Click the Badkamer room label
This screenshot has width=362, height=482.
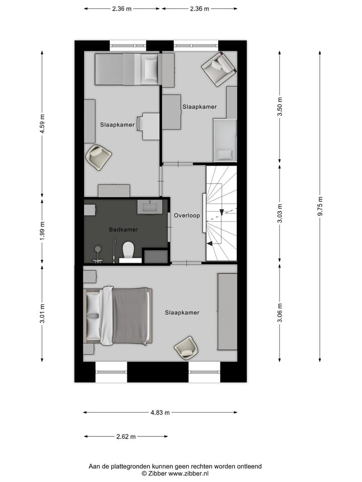(123, 229)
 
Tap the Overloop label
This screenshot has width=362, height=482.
(187, 215)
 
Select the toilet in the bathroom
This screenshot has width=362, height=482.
(128, 249)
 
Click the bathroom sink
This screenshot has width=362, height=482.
(149, 206)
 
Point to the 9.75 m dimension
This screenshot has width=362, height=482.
(320, 206)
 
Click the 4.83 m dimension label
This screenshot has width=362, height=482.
(160, 413)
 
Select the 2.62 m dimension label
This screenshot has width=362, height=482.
(126, 436)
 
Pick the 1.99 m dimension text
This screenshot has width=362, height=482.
(42, 230)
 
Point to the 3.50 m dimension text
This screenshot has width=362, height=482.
(280, 106)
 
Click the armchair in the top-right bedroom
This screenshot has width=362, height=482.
(218, 68)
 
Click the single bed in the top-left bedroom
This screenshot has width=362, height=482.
(128, 69)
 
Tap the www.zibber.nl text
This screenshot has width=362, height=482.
(189, 473)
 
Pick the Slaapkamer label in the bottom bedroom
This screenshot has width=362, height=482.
(182, 312)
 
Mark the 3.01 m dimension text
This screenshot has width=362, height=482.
(42, 313)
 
